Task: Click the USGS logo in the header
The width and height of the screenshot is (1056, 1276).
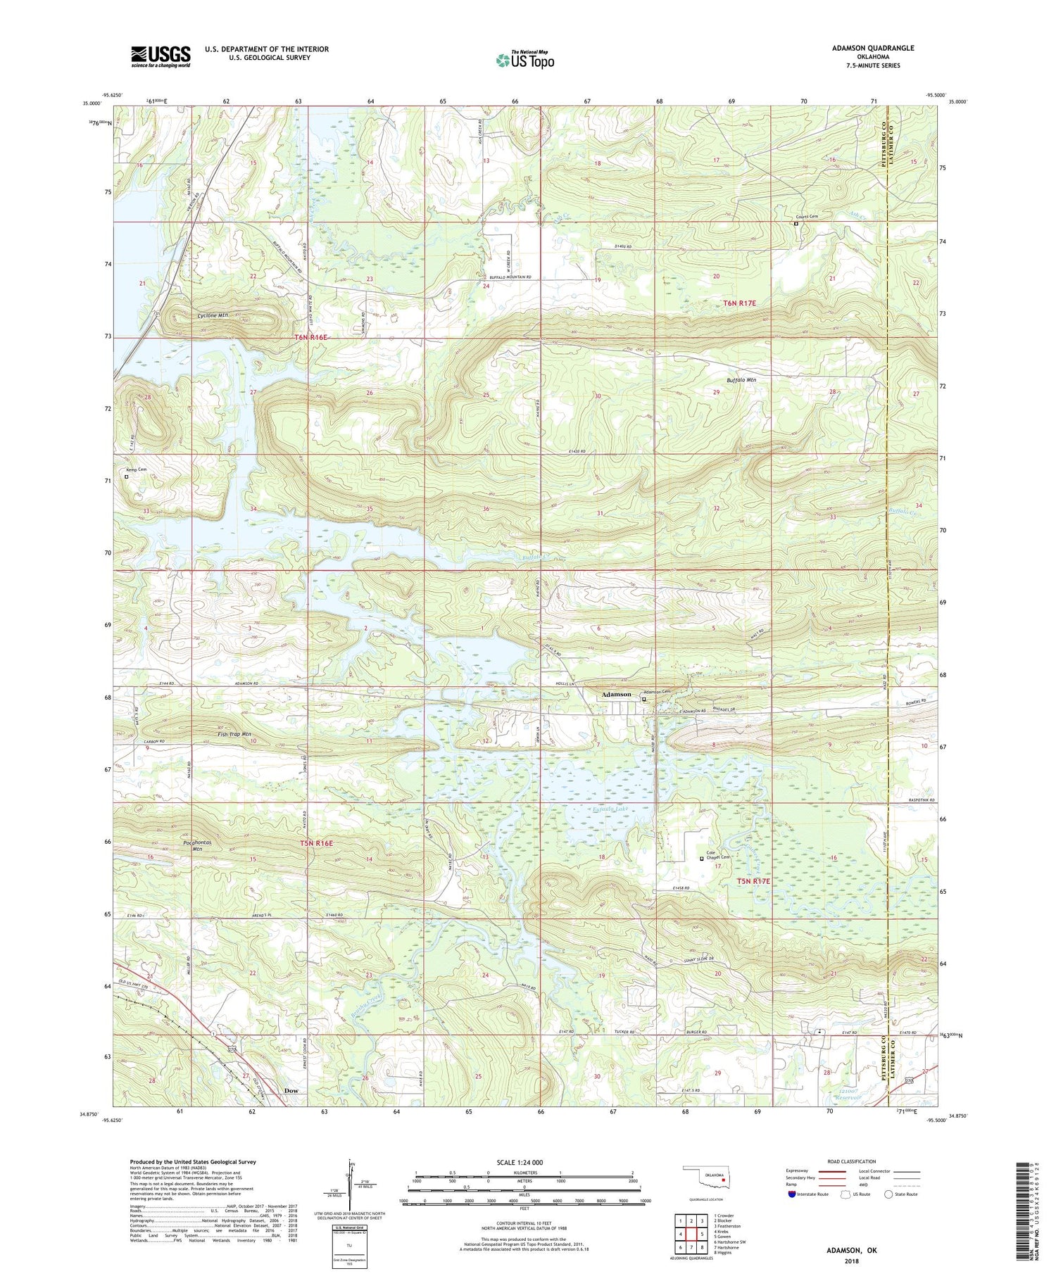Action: [161, 56]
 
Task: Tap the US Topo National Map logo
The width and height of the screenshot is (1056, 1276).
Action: [524, 60]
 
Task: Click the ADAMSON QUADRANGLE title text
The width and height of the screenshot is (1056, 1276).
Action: [873, 48]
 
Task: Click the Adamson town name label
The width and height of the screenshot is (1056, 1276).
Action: [616, 695]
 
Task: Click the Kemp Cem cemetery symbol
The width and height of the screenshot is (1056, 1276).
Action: [127, 476]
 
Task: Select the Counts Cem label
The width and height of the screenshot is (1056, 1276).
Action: [807, 217]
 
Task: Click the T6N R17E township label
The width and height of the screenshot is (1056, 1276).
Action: [739, 303]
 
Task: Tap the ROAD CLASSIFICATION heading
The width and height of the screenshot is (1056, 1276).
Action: [852, 1161]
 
